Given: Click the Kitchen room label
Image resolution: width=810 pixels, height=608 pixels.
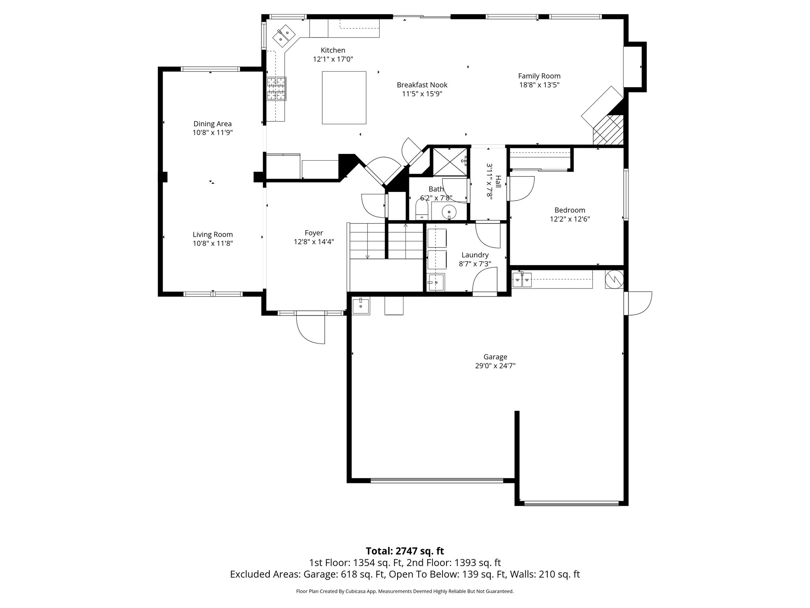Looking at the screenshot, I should pyautogui.click(x=333, y=50).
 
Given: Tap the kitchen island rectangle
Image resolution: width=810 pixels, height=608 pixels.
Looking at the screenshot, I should pyautogui.click(x=344, y=97).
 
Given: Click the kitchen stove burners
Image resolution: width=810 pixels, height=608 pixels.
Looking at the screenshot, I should pyautogui.click(x=276, y=89).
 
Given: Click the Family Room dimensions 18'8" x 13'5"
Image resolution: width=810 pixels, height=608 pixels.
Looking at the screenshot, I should pyautogui.click(x=539, y=85).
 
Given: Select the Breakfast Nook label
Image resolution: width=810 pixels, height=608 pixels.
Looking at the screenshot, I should pyautogui.click(x=422, y=85).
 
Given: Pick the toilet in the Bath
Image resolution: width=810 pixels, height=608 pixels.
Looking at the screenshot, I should pyautogui.click(x=422, y=210).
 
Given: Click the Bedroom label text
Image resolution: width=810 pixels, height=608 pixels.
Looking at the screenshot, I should pyautogui.click(x=570, y=210).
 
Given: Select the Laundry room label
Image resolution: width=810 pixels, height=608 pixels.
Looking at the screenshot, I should pyautogui.click(x=475, y=255).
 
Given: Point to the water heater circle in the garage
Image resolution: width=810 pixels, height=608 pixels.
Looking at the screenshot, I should pyautogui.click(x=614, y=279).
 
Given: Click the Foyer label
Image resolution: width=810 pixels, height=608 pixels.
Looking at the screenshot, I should pyautogui.click(x=314, y=233).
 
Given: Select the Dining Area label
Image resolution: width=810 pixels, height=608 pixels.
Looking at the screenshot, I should pyautogui.click(x=212, y=124).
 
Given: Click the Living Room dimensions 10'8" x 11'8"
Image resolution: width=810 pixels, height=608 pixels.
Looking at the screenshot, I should pyautogui.click(x=212, y=243).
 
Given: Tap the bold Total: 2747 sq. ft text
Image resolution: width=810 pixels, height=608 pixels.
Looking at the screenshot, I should pyautogui.click(x=405, y=551).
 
